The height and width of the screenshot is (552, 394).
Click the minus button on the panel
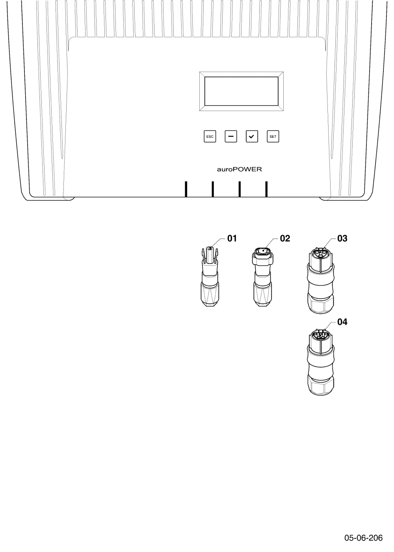(x=231, y=136)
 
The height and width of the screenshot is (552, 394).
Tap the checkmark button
(x=252, y=136)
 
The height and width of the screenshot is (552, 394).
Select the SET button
(x=273, y=136)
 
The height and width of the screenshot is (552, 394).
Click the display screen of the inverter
(x=242, y=91)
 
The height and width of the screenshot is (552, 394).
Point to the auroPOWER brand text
(x=239, y=169)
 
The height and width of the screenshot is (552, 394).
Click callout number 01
(x=232, y=238)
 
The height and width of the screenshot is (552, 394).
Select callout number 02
(x=285, y=238)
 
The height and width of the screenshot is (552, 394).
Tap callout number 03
(x=342, y=238)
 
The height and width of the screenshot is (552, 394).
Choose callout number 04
(x=342, y=322)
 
